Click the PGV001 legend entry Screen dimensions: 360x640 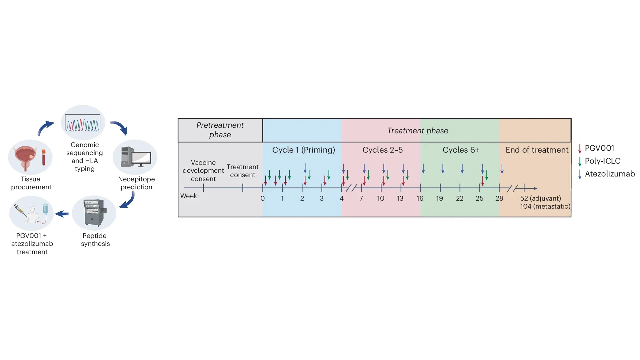point(599,148)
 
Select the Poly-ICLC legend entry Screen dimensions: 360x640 point(602,161)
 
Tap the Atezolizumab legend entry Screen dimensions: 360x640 point(609,174)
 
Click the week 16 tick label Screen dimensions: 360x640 point(420,198)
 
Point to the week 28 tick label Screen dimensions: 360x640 point(499,198)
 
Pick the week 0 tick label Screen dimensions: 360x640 point(262,198)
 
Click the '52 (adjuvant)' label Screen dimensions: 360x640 point(540,198)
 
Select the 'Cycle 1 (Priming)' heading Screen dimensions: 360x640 point(303,150)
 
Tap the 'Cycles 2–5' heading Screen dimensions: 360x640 point(382,150)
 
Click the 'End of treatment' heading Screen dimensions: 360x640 point(537,150)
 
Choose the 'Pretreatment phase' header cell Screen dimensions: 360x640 point(220,130)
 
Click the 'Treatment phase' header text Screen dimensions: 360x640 point(417,131)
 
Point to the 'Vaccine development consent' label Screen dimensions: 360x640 point(203,171)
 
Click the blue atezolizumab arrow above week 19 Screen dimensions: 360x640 point(443,168)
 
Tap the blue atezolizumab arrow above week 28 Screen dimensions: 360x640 point(502,169)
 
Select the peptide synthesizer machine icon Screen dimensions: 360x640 point(94,213)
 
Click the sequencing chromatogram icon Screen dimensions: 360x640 point(83,123)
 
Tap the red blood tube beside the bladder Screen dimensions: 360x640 point(44,157)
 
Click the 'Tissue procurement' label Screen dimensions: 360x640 point(31,183)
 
